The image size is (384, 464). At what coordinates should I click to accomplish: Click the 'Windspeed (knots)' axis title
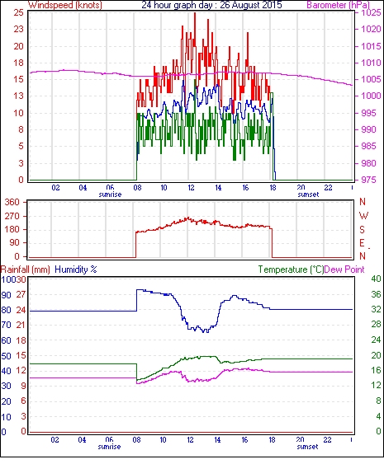pyautogui.click(x=65, y=5)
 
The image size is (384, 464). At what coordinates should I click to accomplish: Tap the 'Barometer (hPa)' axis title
pyautogui.click(x=339, y=5)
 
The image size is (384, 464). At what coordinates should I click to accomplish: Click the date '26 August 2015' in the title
pyautogui.click(x=251, y=5)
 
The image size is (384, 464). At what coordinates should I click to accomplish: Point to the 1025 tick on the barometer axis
pyautogui.click(x=371, y=12)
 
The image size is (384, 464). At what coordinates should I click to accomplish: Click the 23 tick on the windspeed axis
pyautogui.click(x=18, y=30)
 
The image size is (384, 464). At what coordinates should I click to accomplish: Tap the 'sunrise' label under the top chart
pyautogui.click(x=110, y=195)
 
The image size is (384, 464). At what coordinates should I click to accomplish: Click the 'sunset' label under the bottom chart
pyautogui.click(x=307, y=446)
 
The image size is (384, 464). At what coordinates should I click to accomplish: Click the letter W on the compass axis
pyautogui.click(x=363, y=216)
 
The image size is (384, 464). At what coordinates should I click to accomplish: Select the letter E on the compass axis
pyautogui.click(x=362, y=243)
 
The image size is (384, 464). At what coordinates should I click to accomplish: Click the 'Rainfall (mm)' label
pyautogui.click(x=26, y=269)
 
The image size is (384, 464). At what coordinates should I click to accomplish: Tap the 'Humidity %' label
pyautogui.click(x=76, y=269)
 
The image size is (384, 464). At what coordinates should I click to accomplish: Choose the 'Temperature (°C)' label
pyautogui.click(x=291, y=269)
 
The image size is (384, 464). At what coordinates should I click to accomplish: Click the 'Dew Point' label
pyautogui.click(x=344, y=269)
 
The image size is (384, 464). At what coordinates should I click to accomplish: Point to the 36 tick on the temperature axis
pyautogui.click(x=376, y=294)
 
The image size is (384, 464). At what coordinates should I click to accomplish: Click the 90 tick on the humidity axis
pyautogui.click(x=7, y=295)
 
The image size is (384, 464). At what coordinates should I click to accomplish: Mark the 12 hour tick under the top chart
pyautogui.click(x=191, y=188)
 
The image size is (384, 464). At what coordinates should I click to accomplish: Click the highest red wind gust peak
pyautogui.click(x=195, y=13)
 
